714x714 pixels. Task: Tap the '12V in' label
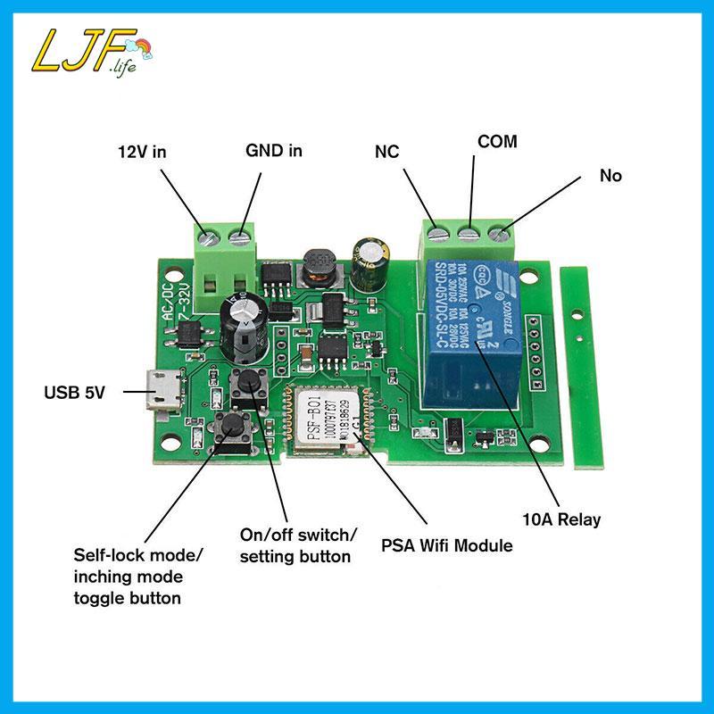[143, 152]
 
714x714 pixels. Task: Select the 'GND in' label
[274, 151]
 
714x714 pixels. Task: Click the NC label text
[386, 152]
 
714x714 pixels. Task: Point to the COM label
[497, 142]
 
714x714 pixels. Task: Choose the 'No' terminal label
[610, 176]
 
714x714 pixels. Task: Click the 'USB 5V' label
[75, 391]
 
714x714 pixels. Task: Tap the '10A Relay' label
[561, 519]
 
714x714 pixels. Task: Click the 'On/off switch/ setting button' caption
[298, 544]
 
